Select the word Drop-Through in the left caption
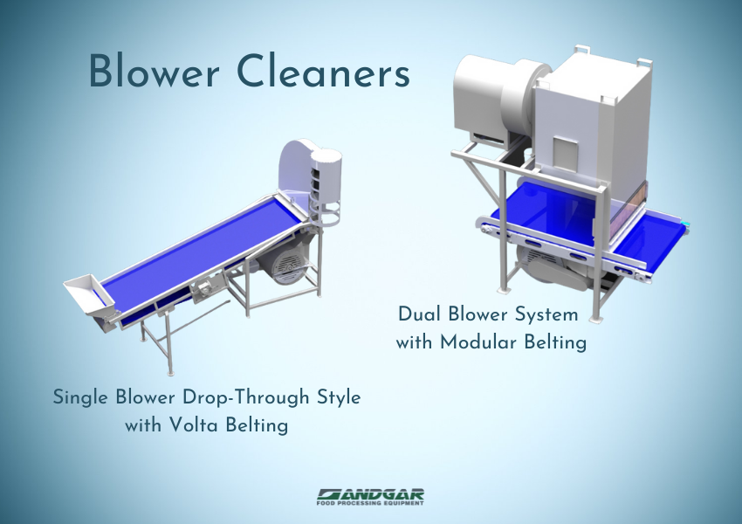[x=253, y=397]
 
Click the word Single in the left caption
[x=83, y=397]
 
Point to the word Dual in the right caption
[x=422, y=314]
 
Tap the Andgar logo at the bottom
[x=371, y=493]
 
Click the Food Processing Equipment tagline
[x=371, y=503]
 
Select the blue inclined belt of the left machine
[x=201, y=253]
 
